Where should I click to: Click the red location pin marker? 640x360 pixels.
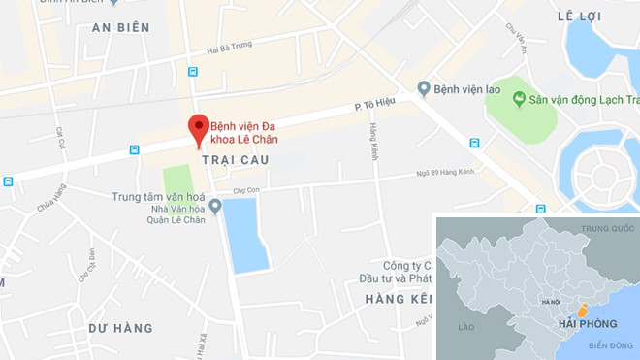point(198,128)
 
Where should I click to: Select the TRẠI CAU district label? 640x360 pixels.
point(231,158)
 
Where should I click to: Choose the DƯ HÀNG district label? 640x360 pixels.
point(120,328)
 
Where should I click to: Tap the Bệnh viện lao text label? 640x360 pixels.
point(467,90)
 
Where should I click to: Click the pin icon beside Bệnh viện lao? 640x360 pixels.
point(423,89)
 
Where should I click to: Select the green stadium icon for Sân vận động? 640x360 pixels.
point(520,99)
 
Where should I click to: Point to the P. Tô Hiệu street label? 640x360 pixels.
point(373,107)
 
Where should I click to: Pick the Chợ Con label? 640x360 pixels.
point(249,189)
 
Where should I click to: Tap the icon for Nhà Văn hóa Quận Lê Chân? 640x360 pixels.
point(215,206)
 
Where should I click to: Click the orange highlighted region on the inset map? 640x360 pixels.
point(581,311)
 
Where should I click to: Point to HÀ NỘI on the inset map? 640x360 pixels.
point(551,302)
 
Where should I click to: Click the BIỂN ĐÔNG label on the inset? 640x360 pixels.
point(608,345)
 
